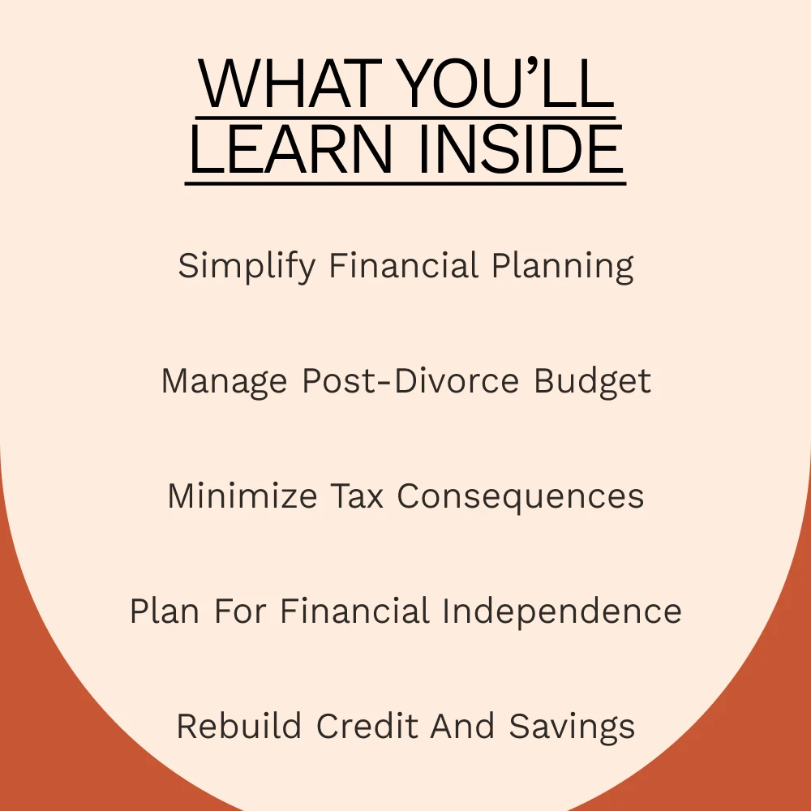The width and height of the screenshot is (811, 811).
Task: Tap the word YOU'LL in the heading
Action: [508, 84]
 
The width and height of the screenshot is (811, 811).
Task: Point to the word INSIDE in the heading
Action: [521, 149]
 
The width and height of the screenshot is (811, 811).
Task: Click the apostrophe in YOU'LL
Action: [533, 67]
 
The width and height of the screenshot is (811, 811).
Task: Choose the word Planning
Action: [562, 267]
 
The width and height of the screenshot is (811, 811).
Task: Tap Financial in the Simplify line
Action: [403, 265]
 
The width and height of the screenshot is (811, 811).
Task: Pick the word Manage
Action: [224, 383]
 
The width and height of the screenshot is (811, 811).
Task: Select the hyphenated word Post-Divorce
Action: [410, 381]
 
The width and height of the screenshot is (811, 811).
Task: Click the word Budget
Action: [592, 383]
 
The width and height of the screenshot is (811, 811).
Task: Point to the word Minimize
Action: [242, 496]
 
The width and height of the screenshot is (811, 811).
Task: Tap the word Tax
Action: [357, 496]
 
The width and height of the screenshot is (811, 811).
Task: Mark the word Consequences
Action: [521, 497]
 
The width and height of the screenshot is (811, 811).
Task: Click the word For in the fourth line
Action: [241, 611]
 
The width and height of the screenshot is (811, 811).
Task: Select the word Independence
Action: [562, 612]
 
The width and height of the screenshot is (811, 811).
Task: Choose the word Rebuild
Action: [239, 726]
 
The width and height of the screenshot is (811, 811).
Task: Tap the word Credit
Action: [367, 726]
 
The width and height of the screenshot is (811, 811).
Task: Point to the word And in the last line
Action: [463, 726]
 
